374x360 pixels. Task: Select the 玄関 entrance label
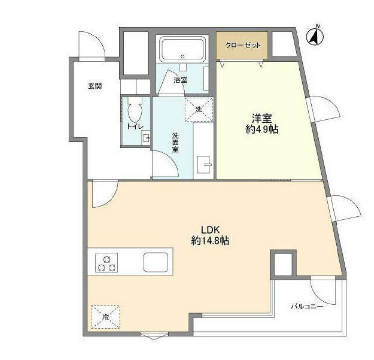tap(95, 86)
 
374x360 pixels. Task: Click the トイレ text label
tap(135, 126)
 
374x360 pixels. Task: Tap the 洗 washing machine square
tap(198, 109)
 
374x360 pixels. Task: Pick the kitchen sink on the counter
tap(156, 262)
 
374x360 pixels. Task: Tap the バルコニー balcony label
tap(306, 306)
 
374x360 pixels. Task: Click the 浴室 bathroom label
tap(180, 80)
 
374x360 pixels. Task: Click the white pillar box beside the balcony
tap(283, 264)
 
